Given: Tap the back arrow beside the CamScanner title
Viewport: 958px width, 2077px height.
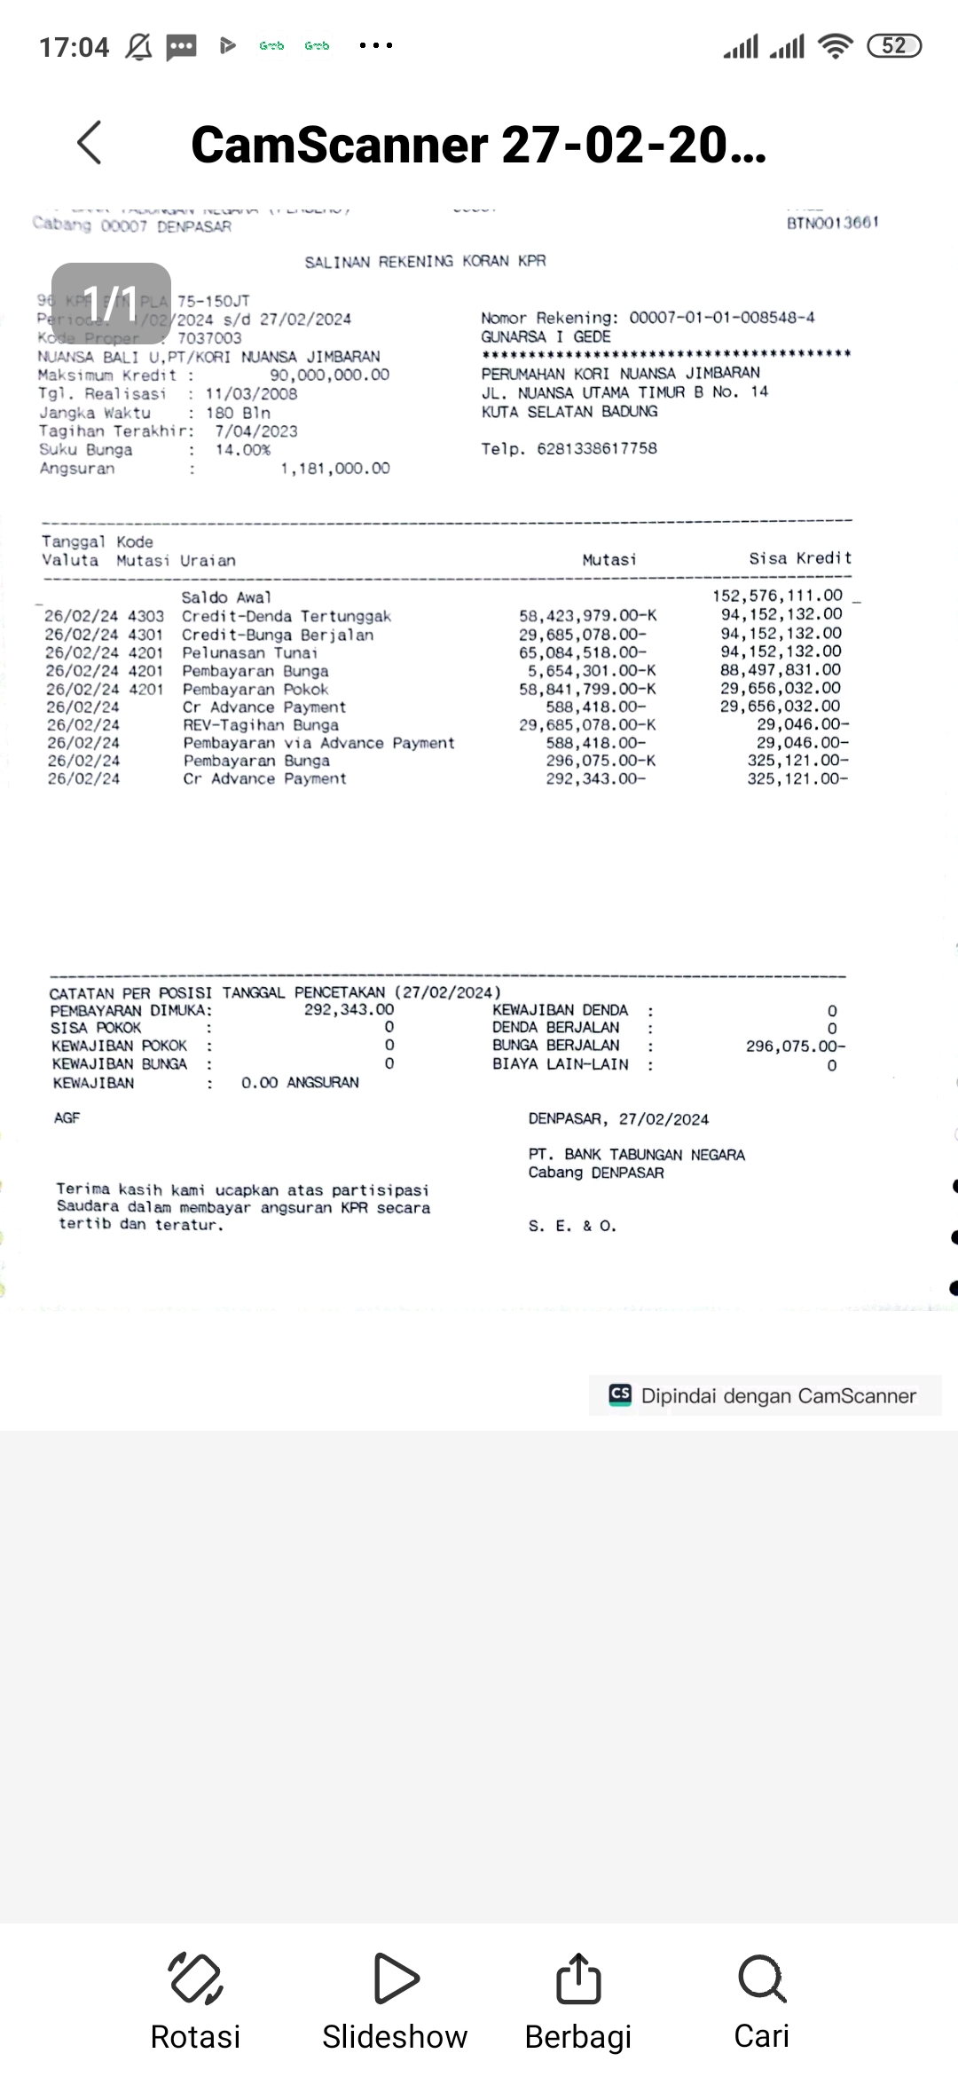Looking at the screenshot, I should click(90, 143).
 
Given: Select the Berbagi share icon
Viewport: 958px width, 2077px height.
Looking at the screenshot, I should click(578, 1978).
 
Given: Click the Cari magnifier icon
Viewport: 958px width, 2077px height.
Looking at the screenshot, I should click(761, 1978).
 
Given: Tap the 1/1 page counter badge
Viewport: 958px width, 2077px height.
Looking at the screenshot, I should click(111, 304).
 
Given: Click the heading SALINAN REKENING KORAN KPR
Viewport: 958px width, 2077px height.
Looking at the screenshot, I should click(425, 261).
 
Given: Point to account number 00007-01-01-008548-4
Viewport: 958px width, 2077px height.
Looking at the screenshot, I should click(722, 318).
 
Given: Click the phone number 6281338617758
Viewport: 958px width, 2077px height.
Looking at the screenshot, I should click(597, 448).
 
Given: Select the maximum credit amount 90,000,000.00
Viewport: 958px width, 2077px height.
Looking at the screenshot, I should click(329, 375).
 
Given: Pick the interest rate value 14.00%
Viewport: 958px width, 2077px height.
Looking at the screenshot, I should click(243, 450).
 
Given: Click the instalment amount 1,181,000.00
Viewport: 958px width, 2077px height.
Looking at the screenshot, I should click(335, 469).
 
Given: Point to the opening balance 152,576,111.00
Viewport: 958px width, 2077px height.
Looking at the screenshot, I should click(777, 596).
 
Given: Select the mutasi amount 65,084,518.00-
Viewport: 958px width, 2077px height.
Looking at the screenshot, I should click(583, 652).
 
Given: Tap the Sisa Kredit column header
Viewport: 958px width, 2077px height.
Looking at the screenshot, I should click(800, 558).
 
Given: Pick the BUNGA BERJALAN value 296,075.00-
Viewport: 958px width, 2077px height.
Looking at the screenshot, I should click(796, 1046).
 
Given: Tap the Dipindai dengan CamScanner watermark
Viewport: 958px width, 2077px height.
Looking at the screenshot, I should click(766, 1395).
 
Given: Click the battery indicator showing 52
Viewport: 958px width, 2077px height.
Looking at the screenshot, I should click(894, 46).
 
